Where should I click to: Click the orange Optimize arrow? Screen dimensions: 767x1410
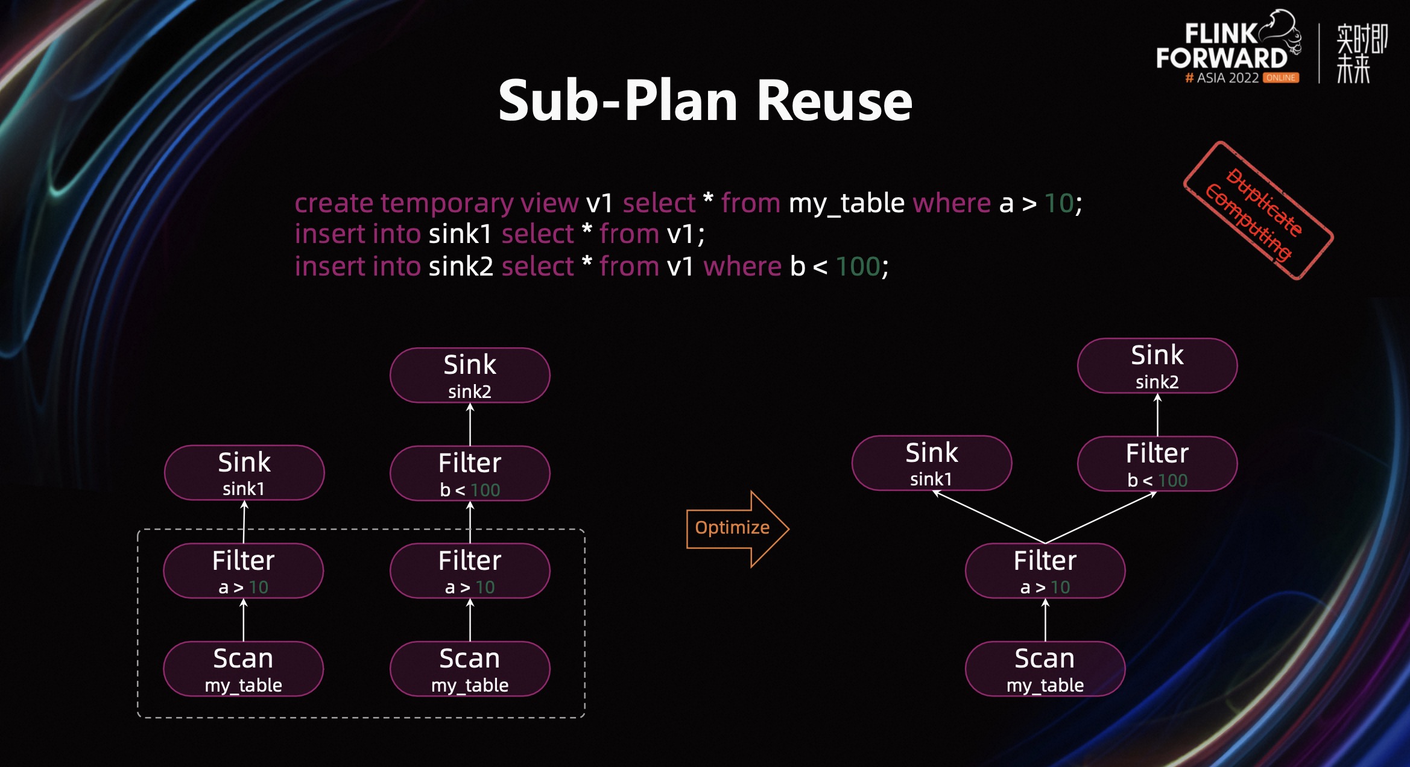[737, 528]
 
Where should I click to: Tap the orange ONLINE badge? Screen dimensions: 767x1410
[1280, 78]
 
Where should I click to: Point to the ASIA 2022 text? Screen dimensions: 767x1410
[1227, 78]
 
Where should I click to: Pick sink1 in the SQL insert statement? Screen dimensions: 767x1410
[460, 234]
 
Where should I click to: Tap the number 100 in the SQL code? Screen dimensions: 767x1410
[858, 267]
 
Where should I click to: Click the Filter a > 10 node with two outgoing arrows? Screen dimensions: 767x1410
[1045, 570]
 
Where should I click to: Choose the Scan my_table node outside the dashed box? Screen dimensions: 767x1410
[1045, 669]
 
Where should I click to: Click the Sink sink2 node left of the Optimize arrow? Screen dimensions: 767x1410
[470, 375]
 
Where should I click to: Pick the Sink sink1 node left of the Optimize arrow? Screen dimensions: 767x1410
[244, 473]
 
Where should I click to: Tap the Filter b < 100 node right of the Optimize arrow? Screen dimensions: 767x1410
[1157, 464]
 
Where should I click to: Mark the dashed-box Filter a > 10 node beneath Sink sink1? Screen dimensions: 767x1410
[244, 570]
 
